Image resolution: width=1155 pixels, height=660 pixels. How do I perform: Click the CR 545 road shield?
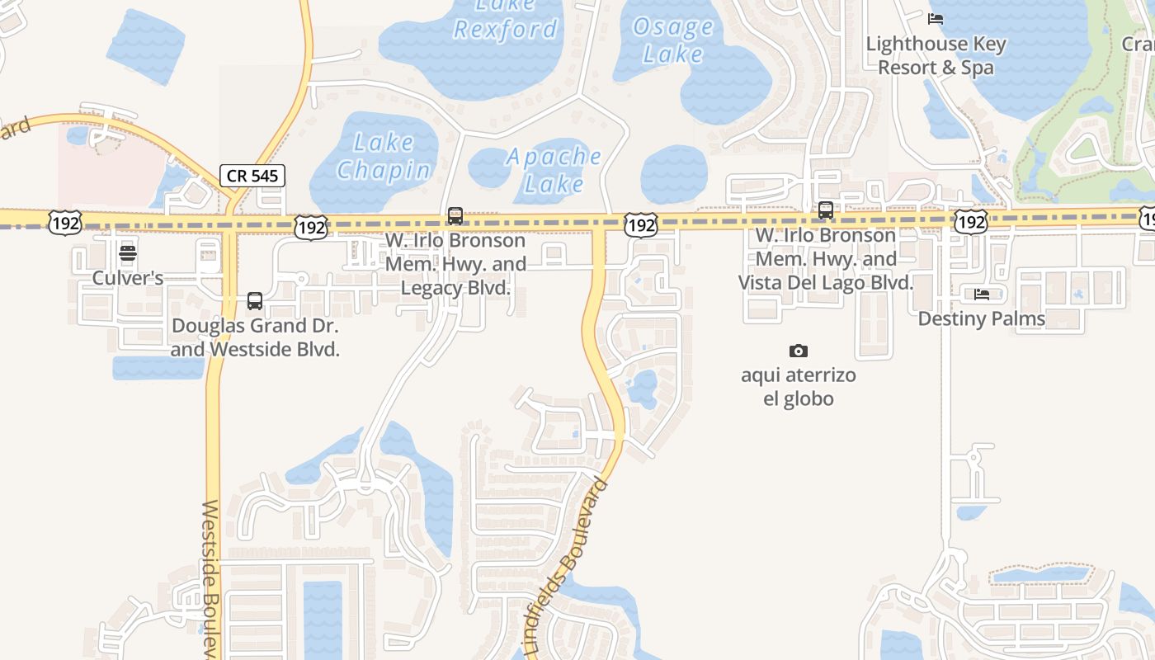[x=252, y=175]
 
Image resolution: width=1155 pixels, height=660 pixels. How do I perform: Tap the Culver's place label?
[x=128, y=277]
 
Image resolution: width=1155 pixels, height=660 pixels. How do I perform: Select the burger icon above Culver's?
[x=128, y=252]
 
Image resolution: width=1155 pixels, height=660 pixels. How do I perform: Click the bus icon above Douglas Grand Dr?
[x=255, y=301]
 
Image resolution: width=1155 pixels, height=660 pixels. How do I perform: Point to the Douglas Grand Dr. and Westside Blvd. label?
[x=255, y=337]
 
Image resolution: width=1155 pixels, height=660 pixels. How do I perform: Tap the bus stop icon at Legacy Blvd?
[x=455, y=216]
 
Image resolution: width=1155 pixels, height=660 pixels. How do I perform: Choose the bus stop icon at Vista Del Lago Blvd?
[x=826, y=210]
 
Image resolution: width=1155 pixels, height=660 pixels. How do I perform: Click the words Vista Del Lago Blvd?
[x=825, y=282]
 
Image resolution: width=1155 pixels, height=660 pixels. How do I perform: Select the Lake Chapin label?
[x=384, y=156]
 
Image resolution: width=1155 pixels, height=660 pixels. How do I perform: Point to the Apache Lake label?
[x=554, y=169]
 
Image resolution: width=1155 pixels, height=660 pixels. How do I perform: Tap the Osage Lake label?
[x=672, y=40]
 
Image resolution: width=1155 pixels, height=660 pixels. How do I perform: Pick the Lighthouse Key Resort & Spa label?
[x=936, y=55]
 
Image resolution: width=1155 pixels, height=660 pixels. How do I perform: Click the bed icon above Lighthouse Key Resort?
[x=936, y=18]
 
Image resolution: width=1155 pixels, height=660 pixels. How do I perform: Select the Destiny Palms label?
[x=981, y=318]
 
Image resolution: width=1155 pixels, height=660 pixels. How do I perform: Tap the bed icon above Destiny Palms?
[x=982, y=294]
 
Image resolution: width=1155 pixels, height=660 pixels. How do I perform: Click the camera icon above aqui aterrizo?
[x=798, y=351]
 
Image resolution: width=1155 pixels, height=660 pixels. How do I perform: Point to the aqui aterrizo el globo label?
[x=798, y=387]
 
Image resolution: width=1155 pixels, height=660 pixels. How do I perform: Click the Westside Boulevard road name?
[x=210, y=577]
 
